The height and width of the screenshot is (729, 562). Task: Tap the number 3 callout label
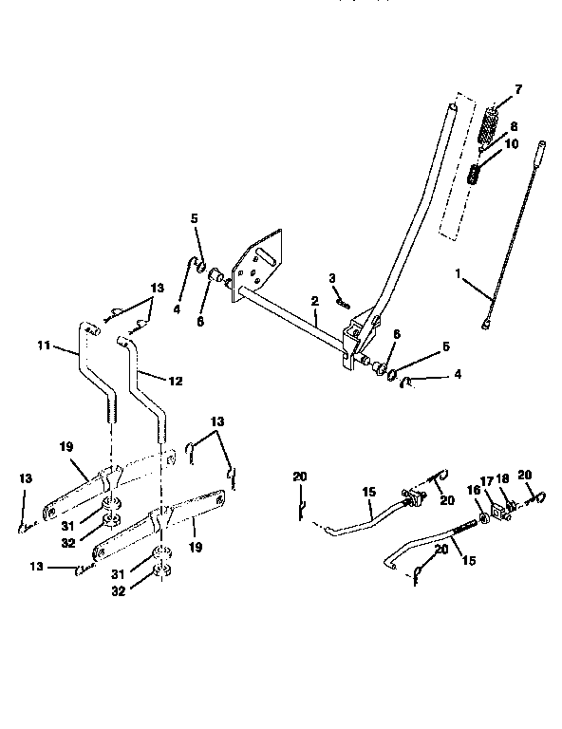pos(332,277)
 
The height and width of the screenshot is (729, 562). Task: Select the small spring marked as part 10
pos(478,176)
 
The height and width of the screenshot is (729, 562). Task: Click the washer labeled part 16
pos(484,517)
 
